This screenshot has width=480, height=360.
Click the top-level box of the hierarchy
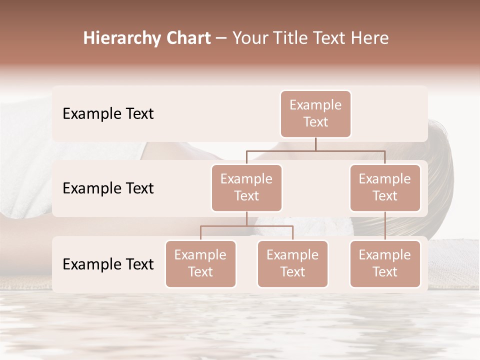coord(315,114)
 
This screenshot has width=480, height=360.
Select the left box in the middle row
coord(246,187)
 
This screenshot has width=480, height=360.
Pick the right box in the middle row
coord(385,187)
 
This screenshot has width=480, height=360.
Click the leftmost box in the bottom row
coord(200,263)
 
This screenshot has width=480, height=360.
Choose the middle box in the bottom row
coord(292,263)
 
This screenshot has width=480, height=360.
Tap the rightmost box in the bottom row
coord(385,263)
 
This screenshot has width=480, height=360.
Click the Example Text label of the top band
coord(108,114)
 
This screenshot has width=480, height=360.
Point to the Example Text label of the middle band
coord(108,188)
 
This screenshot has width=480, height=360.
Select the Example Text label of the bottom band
coord(108,264)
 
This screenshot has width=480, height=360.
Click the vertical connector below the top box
coord(315,144)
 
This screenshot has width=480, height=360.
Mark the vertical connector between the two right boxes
coord(385,226)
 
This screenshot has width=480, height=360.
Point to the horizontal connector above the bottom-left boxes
coord(246,226)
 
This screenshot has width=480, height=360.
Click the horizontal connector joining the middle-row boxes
coord(315,150)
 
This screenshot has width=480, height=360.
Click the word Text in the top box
coord(315,122)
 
